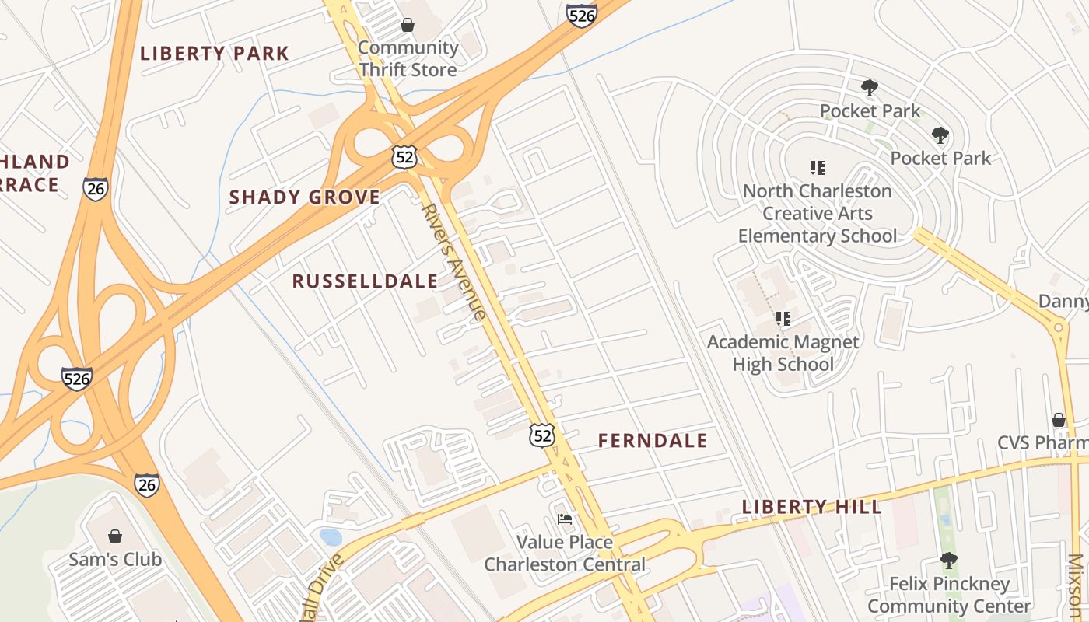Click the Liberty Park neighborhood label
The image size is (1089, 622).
coord(214,54)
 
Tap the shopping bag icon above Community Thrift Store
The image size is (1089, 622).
coord(407,25)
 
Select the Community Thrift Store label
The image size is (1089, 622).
coord(408,58)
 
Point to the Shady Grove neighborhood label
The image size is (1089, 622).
coord(304,197)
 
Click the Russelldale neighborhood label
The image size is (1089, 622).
coord(365,281)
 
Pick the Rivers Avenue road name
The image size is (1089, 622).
coord(454,261)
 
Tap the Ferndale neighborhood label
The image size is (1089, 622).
coord(653,441)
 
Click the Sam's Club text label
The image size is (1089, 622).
coord(115,559)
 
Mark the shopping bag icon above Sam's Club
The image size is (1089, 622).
coord(115,536)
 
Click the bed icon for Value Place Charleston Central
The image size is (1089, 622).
coord(565,519)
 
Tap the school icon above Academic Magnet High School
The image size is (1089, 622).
coord(783,319)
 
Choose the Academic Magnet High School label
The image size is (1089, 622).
coord(783,353)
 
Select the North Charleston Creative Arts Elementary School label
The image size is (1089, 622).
coord(817,213)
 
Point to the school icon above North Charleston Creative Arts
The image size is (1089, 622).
coord(817,167)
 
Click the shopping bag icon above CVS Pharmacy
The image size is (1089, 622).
coord(1059,420)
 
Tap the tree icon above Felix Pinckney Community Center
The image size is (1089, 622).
coord(948,560)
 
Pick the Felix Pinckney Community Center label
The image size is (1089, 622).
coord(949,595)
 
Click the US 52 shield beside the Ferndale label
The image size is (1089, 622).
coord(542,435)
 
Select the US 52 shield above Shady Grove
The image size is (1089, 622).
coord(404,157)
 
